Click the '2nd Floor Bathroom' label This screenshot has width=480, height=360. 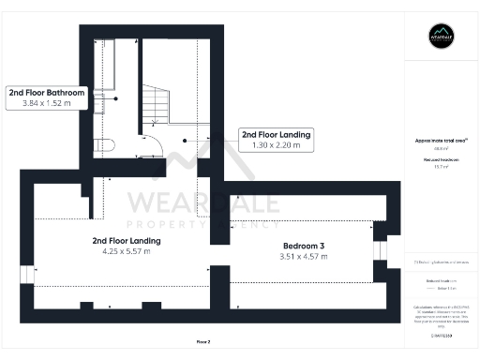(47, 93)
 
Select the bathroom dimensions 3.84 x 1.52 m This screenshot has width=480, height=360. (47, 104)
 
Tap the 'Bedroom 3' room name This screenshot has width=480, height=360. (305, 246)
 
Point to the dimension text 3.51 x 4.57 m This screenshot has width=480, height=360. (305, 257)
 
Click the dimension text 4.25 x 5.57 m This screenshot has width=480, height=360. (127, 252)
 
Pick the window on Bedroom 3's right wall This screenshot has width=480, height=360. (379, 248)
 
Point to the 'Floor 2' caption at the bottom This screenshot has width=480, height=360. (202, 341)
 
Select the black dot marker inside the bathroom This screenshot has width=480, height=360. (115, 98)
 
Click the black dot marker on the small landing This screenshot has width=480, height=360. (185, 141)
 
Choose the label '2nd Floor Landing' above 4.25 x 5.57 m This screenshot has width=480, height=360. (127, 241)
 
